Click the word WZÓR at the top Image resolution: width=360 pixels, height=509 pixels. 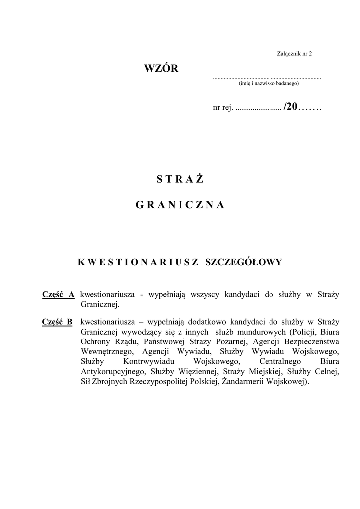pyautogui.click(x=161, y=69)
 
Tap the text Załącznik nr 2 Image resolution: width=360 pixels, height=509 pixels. pyautogui.click(x=294, y=53)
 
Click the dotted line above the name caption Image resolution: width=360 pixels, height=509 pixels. pyautogui.click(x=267, y=78)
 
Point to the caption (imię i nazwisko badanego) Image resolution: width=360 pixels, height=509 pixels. pyautogui.click(x=269, y=84)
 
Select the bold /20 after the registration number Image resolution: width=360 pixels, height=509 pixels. pyautogui.click(x=290, y=107)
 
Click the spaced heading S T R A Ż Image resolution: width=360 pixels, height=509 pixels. pyautogui.click(x=180, y=180)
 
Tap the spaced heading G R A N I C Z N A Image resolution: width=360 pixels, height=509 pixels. pyautogui.click(x=180, y=205)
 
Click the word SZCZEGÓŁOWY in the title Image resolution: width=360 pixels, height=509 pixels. pyautogui.click(x=244, y=262)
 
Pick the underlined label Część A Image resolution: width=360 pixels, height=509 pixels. pyautogui.click(x=58, y=295)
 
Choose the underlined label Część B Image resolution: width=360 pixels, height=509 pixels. pyautogui.click(x=57, y=322)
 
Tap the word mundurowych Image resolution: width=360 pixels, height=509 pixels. pyautogui.click(x=261, y=332)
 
